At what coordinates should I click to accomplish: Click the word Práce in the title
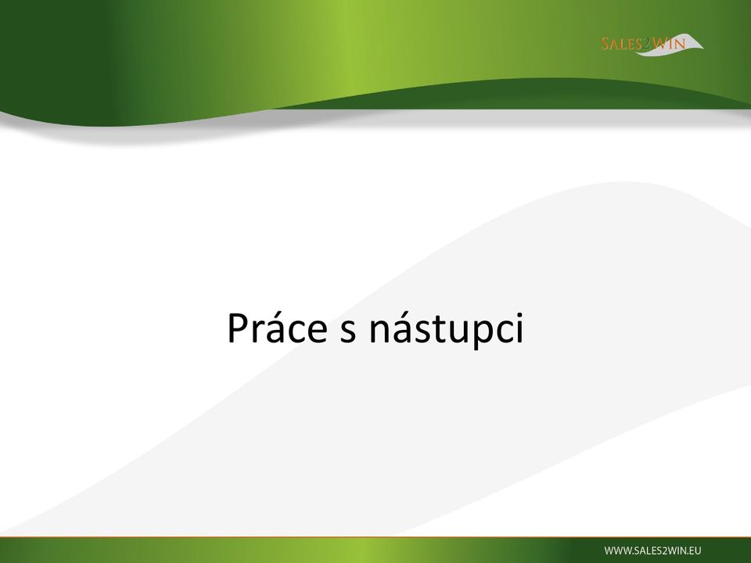(x=277, y=328)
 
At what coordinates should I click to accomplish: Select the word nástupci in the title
(x=447, y=329)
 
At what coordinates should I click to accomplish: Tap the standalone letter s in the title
(x=348, y=332)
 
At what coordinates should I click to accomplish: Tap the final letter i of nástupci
(x=520, y=328)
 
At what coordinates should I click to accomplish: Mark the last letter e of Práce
(x=318, y=332)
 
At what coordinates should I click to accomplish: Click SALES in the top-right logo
(x=622, y=44)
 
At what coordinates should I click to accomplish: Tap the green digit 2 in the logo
(x=647, y=44)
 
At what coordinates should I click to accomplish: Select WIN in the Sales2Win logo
(x=669, y=44)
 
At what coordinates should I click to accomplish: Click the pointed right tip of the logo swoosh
(x=703, y=48)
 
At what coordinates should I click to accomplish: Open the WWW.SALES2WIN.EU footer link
(x=652, y=550)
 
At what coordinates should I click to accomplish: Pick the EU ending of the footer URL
(x=695, y=550)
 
